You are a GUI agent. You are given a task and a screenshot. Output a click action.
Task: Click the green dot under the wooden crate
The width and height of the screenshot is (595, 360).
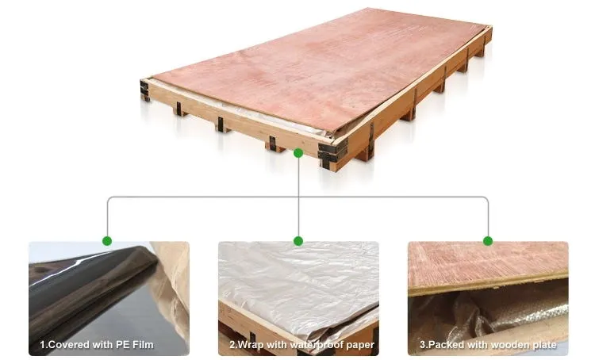[298, 151]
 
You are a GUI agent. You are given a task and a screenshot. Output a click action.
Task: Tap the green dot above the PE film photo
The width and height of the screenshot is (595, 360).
[107, 240]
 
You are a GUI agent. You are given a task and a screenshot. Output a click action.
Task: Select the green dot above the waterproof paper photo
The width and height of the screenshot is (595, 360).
[298, 240]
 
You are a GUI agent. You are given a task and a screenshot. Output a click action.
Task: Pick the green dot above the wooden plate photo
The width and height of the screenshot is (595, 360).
[488, 240]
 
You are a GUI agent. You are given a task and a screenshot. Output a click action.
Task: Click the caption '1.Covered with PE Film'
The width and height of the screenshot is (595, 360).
[97, 345]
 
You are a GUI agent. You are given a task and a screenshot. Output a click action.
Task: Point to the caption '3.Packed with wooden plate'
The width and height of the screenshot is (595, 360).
[488, 345]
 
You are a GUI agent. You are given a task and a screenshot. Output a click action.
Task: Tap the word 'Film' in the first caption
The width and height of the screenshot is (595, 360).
[143, 345]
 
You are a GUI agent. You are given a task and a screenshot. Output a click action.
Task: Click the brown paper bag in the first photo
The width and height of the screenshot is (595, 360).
[171, 285]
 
